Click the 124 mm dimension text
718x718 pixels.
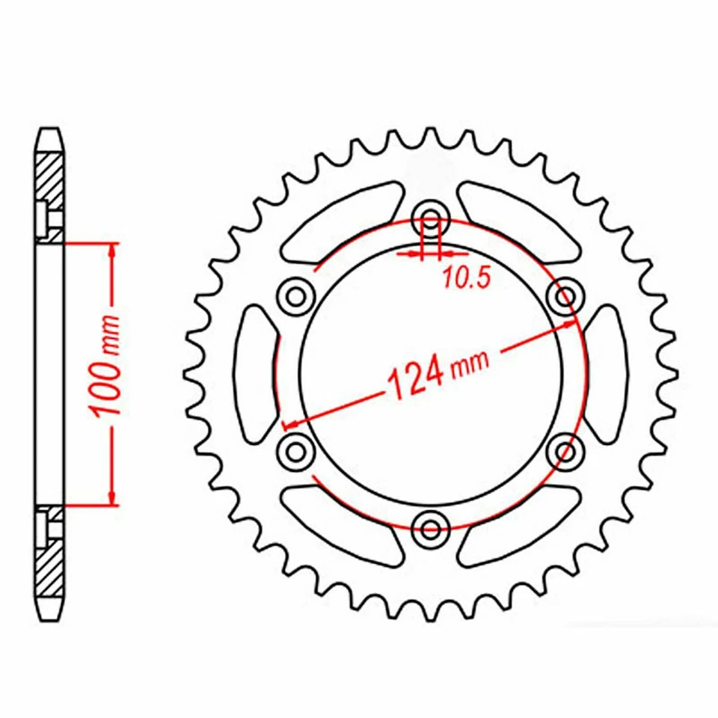pos(438,372)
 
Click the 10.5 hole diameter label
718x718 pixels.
pos(465,278)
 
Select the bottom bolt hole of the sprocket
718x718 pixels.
pos(431,529)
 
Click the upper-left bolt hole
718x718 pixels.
pos(295,296)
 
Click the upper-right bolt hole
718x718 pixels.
pos(566,296)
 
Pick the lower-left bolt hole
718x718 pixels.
pos(295,449)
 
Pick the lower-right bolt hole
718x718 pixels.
pos(566,449)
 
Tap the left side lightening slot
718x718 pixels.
pos(255,372)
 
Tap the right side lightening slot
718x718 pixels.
pos(607,372)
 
